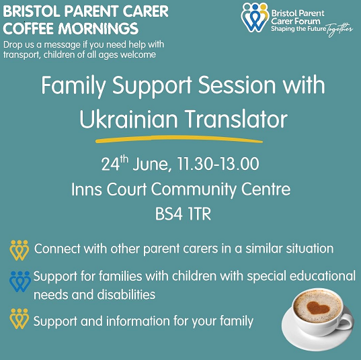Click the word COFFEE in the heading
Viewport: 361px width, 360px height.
[28, 28]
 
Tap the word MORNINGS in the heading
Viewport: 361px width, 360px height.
[98, 28]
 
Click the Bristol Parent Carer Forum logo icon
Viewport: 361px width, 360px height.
[255, 17]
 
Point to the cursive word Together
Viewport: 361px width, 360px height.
[339, 30]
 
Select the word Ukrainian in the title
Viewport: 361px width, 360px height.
[128, 119]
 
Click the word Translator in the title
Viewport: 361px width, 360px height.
[236, 119]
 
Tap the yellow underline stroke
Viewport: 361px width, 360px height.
[179, 139]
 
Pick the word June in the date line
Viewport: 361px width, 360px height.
[152, 165]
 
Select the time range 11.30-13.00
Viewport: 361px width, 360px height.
[218, 164]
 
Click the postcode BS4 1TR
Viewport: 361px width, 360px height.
[183, 214]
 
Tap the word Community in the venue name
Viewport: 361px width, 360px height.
[194, 190]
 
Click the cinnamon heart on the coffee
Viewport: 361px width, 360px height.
[318, 308]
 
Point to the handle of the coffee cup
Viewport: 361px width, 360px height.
[346, 322]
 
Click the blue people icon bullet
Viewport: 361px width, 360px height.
[19, 281]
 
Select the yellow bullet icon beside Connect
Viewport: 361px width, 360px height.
[19, 251]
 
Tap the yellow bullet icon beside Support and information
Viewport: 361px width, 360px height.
[19, 319]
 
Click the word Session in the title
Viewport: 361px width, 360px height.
[237, 85]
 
